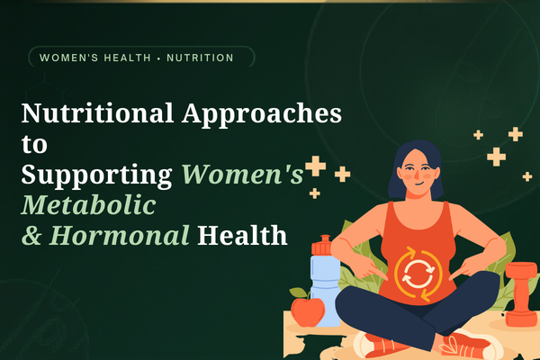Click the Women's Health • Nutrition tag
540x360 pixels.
(x=137, y=58)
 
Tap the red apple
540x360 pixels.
(x=308, y=311)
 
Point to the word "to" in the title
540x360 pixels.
(x=31, y=145)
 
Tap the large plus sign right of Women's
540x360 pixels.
(x=315, y=166)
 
